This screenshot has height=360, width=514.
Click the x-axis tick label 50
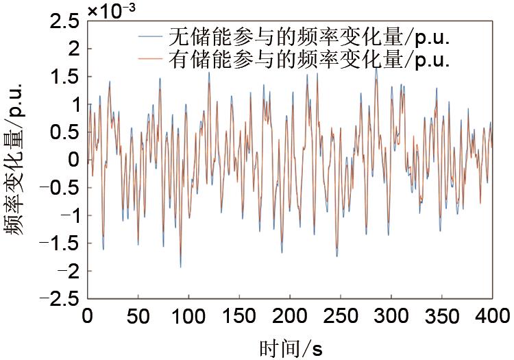pos(138,317)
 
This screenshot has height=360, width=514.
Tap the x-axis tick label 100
pos(188,317)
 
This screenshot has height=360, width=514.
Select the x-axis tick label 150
pos(239,317)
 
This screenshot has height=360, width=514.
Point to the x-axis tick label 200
pos(290,317)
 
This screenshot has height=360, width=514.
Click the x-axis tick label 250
pos(341,317)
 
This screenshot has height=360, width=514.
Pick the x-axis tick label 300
pos(391,317)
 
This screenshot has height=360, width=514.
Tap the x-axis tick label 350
pos(442,317)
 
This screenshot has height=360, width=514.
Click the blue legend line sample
pos(150,35)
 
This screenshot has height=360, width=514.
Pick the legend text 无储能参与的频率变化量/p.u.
pos(309,35)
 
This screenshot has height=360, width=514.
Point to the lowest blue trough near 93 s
pos(181,267)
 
